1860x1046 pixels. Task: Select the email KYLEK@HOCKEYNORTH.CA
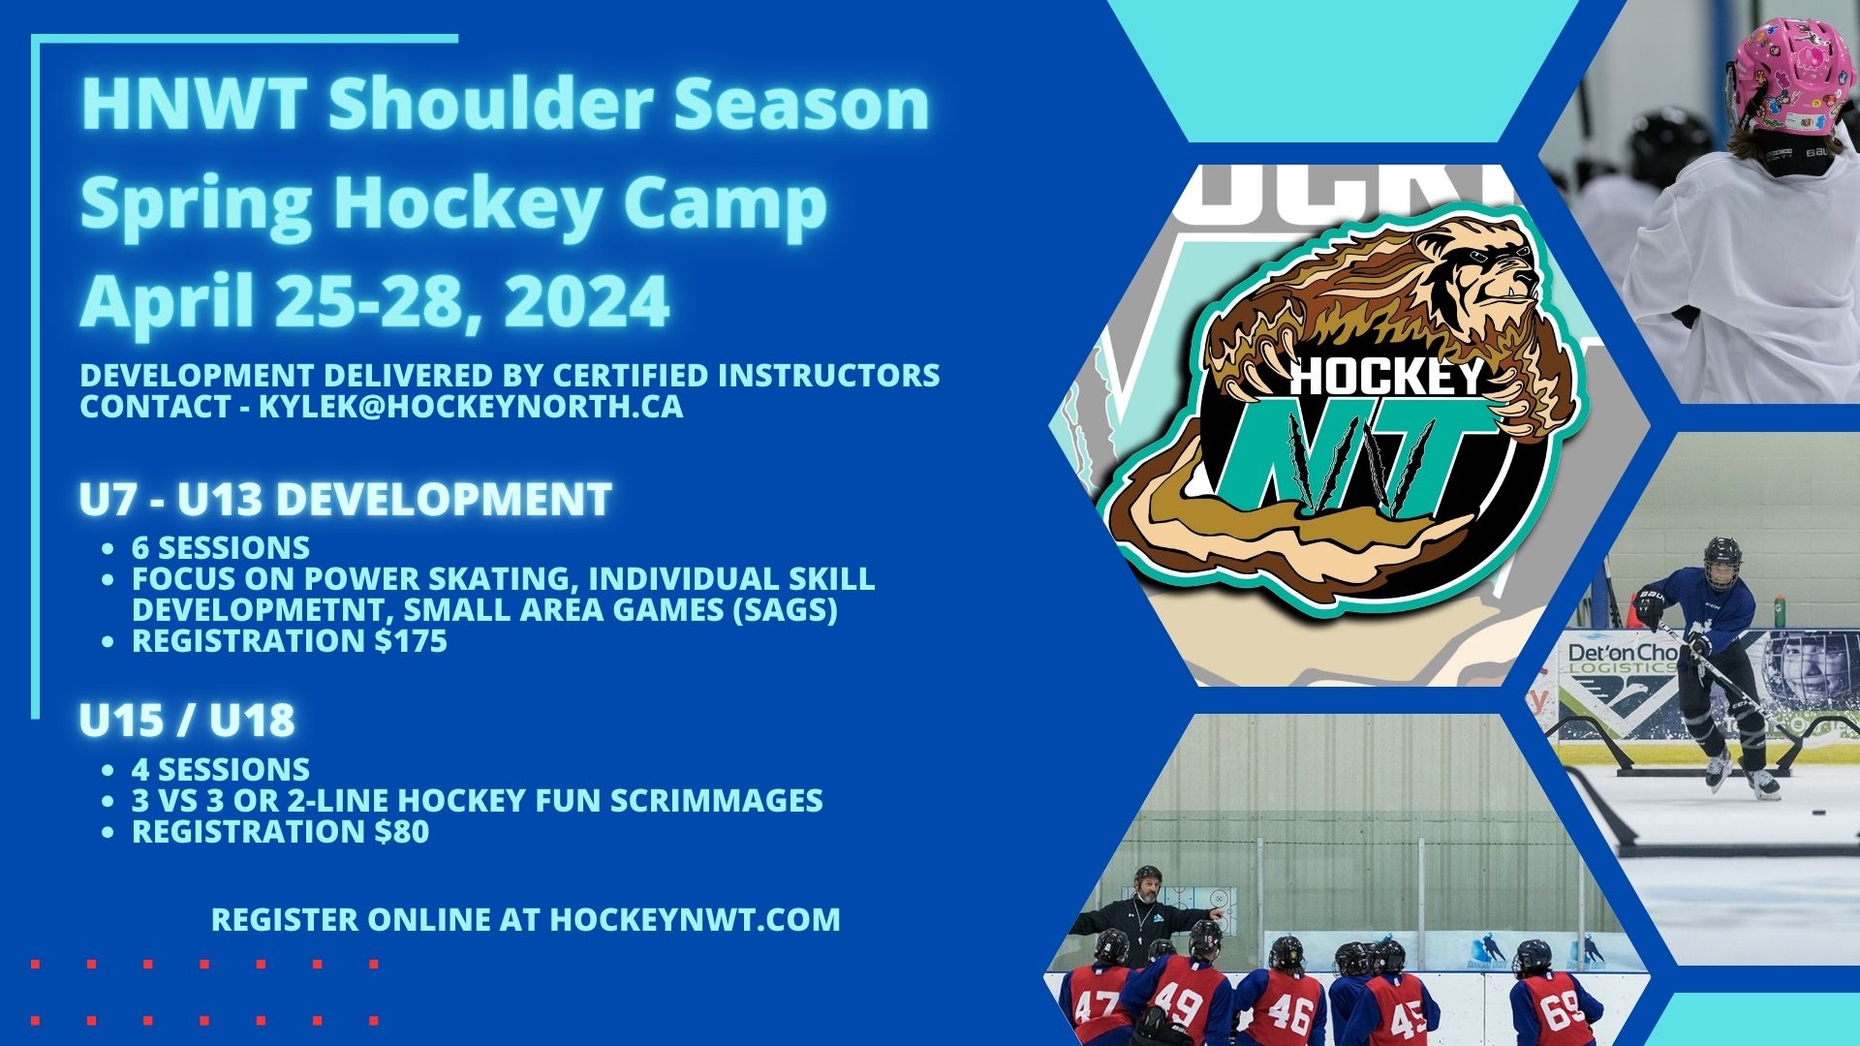coord(471,407)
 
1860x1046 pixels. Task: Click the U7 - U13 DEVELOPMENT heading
coord(346,500)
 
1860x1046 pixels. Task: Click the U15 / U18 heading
coord(187,721)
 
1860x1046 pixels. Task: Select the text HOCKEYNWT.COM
coord(695,919)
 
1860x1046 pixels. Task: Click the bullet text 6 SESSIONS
coord(221,548)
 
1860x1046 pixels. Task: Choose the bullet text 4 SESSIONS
coord(221,770)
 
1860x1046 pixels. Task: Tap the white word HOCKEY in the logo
coord(1387,377)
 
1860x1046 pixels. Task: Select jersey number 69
coord(1561,1011)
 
